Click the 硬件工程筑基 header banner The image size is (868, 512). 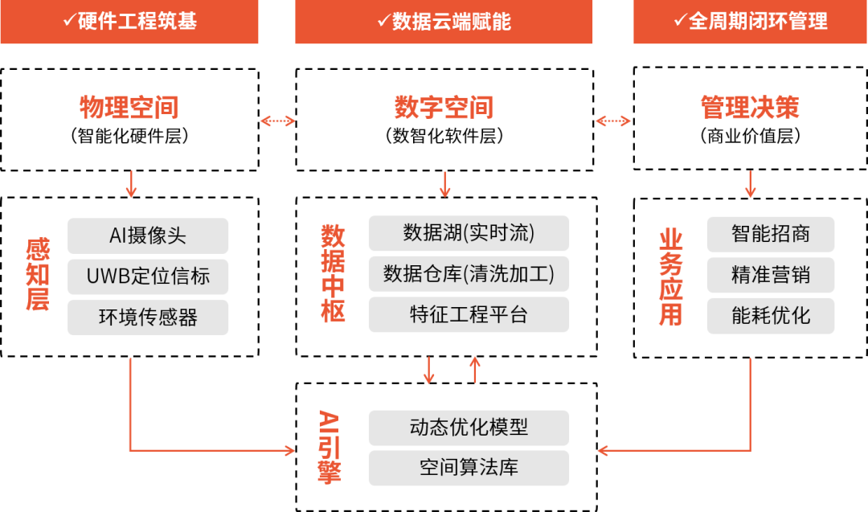tap(129, 22)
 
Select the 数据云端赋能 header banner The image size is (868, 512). tap(444, 22)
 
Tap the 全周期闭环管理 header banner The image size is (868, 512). tap(751, 22)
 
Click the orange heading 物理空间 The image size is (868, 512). tap(129, 107)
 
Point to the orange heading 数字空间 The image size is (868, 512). tap(444, 107)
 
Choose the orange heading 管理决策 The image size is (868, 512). tap(750, 107)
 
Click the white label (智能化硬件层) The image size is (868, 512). tap(129, 137)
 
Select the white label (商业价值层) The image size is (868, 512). tap(750, 137)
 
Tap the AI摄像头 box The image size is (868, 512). tap(148, 236)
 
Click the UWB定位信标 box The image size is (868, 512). tap(148, 276)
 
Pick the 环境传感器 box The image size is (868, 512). tap(148, 317)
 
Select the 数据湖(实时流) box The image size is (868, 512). tap(469, 233)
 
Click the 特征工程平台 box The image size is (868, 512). tap(469, 314)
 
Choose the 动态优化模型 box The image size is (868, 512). tap(469, 428)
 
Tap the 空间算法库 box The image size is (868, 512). tap(469, 468)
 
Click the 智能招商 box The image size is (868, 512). tap(771, 234)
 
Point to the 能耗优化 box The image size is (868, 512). tap(771, 316)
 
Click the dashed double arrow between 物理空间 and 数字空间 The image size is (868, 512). tap(278, 121)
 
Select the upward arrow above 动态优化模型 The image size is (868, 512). tap(475, 369)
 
